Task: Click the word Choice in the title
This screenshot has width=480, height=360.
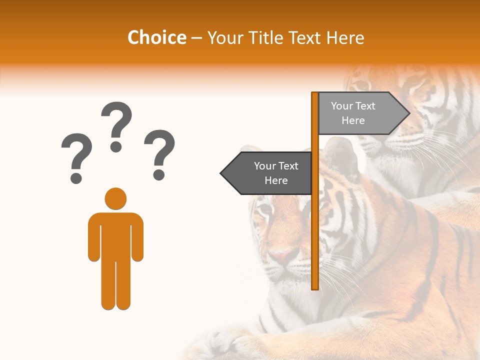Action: [x=156, y=38]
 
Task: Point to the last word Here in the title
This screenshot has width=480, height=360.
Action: [x=345, y=38]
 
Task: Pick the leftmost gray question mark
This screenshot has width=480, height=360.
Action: [x=76, y=156]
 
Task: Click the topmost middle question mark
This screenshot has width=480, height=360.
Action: [x=116, y=125]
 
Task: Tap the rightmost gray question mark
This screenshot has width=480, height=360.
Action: [x=159, y=152]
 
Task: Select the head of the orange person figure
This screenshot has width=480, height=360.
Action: [x=115, y=198]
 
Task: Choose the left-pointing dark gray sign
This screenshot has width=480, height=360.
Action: [x=267, y=173]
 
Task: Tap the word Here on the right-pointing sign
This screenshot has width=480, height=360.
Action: [x=353, y=120]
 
